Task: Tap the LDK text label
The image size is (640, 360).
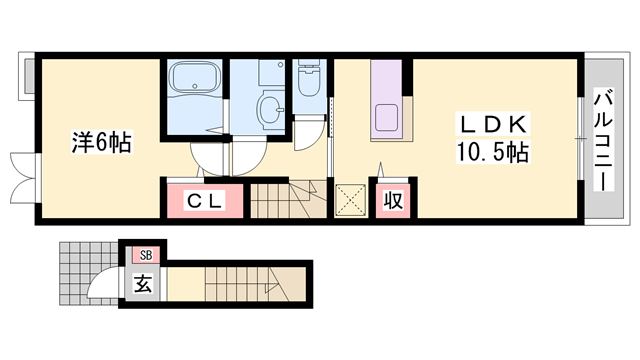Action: pyautogui.click(x=489, y=124)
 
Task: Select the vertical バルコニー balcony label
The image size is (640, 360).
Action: pyautogui.click(x=603, y=141)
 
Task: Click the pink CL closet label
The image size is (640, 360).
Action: pyautogui.click(x=204, y=200)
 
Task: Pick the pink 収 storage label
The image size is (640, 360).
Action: pyautogui.click(x=393, y=200)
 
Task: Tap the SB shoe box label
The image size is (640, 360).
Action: pyautogui.click(x=145, y=256)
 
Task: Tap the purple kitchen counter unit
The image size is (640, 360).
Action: pyautogui.click(x=388, y=101)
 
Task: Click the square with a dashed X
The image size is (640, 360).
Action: pyautogui.click(x=350, y=199)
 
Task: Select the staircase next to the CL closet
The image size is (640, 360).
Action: pyautogui.click(x=281, y=199)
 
